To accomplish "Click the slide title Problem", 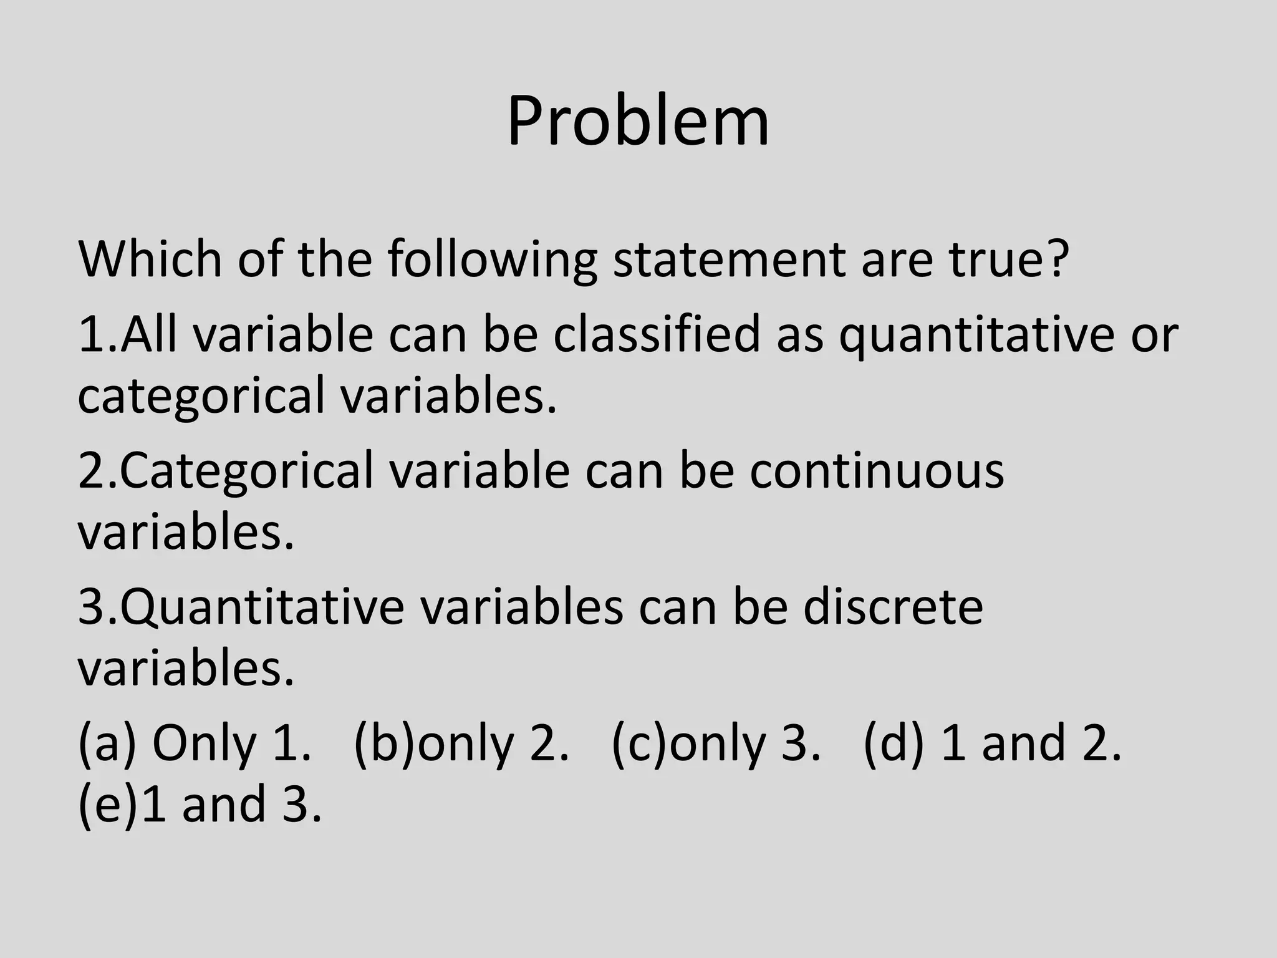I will (638, 122).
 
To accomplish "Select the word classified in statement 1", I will (657, 335).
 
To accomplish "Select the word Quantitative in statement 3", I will (262, 607).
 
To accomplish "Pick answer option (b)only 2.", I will (461, 743).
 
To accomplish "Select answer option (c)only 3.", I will (716, 743).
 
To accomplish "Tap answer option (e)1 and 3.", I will (200, 805).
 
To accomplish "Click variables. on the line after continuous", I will (185, 533).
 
